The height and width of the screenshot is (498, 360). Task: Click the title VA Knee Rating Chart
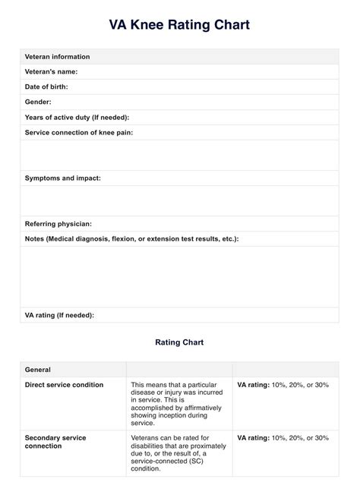pos(179,25)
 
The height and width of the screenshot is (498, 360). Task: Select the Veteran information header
pos(57,57)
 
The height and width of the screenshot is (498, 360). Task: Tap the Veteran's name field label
pos(52,71)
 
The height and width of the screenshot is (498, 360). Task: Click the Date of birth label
pos(46,87)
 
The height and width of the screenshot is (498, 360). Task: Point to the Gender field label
pos(38,102)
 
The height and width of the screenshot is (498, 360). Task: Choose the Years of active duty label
pos(77,117)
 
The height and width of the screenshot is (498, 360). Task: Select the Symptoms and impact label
pos(62,178)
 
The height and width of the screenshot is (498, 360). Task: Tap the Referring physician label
pos(58,223)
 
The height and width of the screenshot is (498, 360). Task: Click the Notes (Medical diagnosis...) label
pos(131,238)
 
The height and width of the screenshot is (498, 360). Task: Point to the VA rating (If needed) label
pos(59,314)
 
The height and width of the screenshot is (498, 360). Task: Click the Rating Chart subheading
pos(179,342)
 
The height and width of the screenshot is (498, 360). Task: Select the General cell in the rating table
pos(38,370)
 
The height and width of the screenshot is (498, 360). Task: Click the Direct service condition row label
pos(64,385)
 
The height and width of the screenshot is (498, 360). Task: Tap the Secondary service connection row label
pos(55,443)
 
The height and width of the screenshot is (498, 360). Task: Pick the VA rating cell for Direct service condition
pos(283,385)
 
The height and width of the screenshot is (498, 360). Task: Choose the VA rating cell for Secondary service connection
pos(283,438)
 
